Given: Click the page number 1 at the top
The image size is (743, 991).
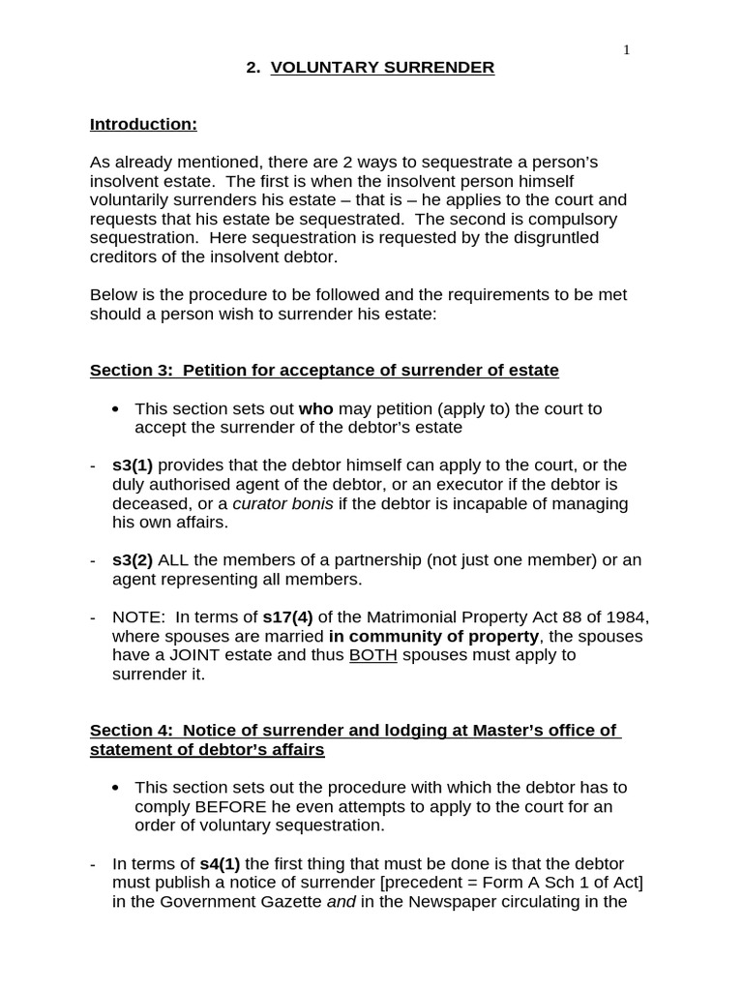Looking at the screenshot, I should point(626,50).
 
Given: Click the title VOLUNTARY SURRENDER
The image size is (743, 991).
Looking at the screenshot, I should point(382,68).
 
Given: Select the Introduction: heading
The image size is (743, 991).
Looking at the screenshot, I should point(143,124).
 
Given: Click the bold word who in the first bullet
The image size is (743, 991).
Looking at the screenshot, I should point(316,408).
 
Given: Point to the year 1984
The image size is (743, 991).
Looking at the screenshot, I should point(630,617).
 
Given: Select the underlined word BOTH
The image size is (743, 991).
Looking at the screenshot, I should point(373,655).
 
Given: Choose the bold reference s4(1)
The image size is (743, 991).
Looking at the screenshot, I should point(222,863).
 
